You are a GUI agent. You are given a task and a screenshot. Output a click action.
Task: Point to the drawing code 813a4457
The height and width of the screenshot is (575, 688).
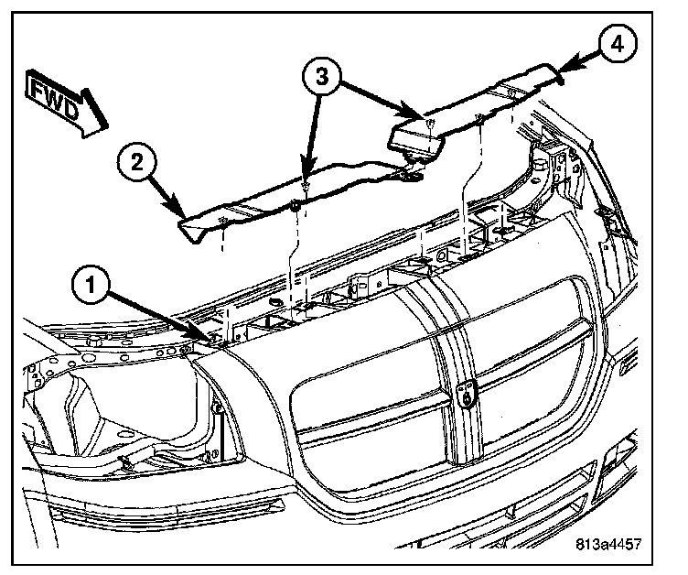[608, 542]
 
